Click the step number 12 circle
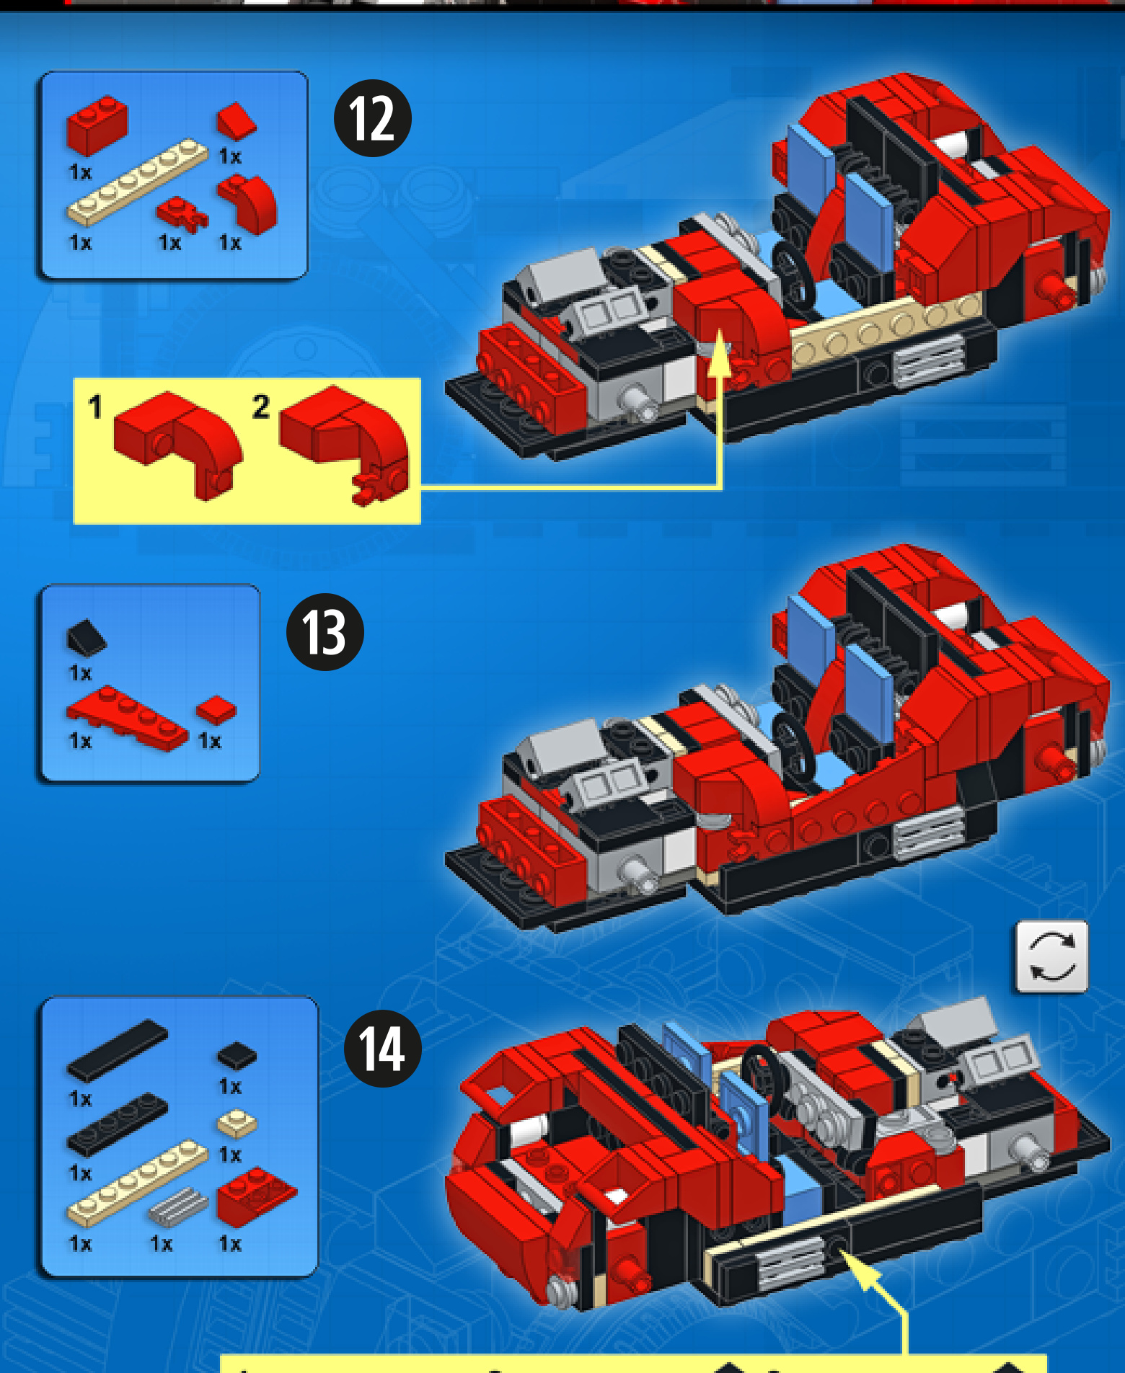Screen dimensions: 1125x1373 pos(372,118)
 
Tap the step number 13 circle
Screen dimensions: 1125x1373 pos(325,632)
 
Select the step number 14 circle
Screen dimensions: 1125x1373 pos(383,1049)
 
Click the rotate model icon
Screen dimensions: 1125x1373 pos(1052,956)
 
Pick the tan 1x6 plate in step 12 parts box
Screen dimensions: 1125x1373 pos(137,179)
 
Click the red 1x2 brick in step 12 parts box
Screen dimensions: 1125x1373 pos(97,125)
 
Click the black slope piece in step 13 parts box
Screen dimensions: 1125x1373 pos(87,638)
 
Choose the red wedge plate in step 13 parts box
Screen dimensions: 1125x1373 pos(127,718)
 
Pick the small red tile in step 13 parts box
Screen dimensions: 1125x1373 pos(216,710)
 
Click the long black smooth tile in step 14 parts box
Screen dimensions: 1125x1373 pos(117,1050)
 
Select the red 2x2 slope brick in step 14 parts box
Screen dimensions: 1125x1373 pos(256,1196)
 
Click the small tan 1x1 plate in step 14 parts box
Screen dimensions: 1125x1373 pos(237,1124)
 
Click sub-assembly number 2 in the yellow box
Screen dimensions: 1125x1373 pos(345,443)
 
